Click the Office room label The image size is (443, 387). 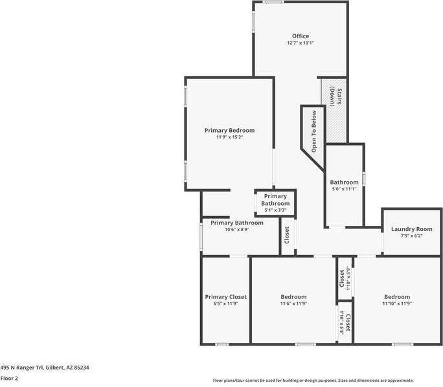click(x=301, y=36)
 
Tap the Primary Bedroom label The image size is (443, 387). click(x=229, y=131)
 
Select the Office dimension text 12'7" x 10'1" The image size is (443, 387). click(x=301, y=43)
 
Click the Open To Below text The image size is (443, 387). click(x=313, y=131)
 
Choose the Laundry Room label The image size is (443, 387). click(x=412, y=229)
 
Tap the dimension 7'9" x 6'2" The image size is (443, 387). click(x=412, y=236)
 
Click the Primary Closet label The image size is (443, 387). click(x=226, y=297)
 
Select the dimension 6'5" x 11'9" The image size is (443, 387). click(x=226, y=304)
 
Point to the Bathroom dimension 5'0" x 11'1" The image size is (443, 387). click(x=344, y=189)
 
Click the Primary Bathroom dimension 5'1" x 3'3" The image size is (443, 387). click(x=275, y=210)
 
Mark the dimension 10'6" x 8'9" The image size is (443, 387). click(x=237, y=230)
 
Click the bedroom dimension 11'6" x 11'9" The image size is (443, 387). click(x=293, y=304)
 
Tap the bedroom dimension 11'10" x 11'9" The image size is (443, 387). click(x=397, y=304)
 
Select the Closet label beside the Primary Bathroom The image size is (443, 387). click(x=287, y=235)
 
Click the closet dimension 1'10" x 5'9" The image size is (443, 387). click(x=348, y=278)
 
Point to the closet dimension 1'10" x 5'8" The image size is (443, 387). click(x=341, y=323)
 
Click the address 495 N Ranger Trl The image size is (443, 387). click(x=22, y=368)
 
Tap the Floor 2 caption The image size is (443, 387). click(x=9, y=378)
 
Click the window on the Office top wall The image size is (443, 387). click(x=273, y=2)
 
